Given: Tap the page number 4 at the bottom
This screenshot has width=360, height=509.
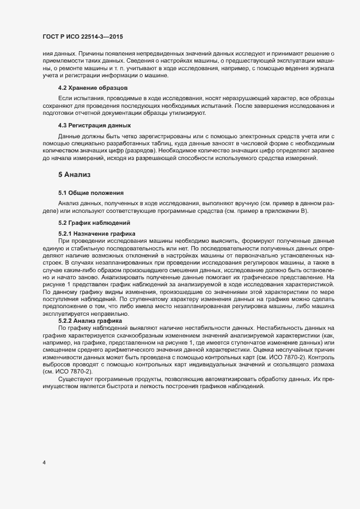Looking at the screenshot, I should point(44,463).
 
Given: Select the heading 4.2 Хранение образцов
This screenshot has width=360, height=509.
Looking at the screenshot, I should point(93,88).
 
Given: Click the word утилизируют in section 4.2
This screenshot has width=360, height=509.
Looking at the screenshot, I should point(187,112).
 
